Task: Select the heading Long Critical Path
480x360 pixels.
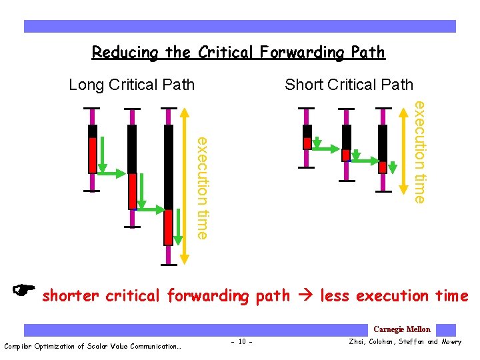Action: [132, 85]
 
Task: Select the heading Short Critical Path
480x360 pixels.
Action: [349, 85]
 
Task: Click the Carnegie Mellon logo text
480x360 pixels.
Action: [401, 329]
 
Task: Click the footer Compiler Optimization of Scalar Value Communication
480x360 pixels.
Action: [93, 345]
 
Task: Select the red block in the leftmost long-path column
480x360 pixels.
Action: [93, 155]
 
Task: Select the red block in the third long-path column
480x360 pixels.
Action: [168, 227]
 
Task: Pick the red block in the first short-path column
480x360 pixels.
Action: [307, 143]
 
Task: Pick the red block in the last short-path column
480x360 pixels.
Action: [383, 167]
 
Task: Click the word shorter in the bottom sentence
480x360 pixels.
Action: [70, 295]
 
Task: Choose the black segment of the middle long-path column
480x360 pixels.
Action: [132, 149]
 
